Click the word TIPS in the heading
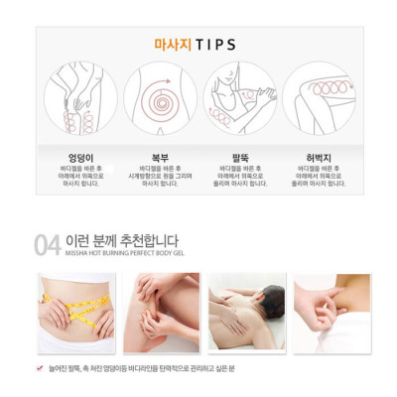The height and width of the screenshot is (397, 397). pyautogui.click(x=217, y=45)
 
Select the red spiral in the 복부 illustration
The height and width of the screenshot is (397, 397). pyautogui.click(x=159, y=101)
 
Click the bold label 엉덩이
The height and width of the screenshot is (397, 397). pyautogui.click(x=80, y=157)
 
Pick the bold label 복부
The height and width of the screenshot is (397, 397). pyautogui.click(x=160, y=157)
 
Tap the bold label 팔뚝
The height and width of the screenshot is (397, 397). pyautogui.click(x=240, y=157)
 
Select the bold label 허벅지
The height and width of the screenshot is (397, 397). pyautogui.click(x=319, y=157)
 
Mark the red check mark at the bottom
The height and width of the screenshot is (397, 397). pyautogui.click(x=40, y=368)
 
